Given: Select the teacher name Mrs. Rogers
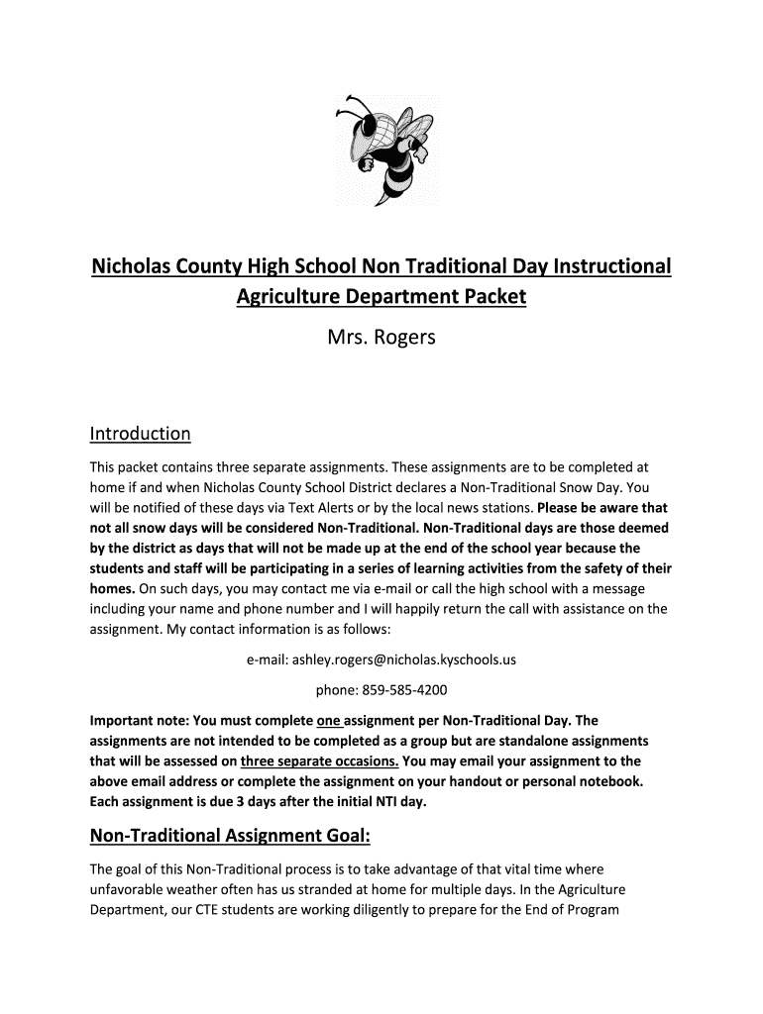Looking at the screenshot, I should point(381,339).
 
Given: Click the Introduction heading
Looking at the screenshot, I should point(140,434).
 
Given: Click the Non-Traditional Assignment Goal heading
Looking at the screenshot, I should point(230,838).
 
